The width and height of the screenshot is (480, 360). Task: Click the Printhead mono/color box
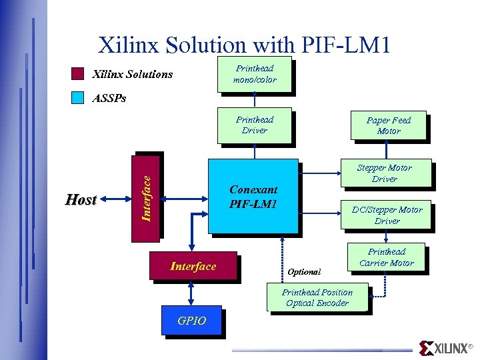[x=254, y=73]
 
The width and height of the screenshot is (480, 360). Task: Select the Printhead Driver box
[x=254, y=125]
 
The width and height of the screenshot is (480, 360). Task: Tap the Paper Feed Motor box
[x=388, y=125]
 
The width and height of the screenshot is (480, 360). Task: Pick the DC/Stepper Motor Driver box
[x=387, y=215]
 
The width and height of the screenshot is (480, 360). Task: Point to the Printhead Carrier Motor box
[x=387, y=257]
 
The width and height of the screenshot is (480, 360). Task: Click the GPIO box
[x=192, y=321]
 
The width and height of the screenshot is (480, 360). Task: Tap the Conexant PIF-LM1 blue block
[x=253, y=196]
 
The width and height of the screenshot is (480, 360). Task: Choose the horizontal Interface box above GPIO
[x=193, y=267]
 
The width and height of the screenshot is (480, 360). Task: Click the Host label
[x=81, y=199]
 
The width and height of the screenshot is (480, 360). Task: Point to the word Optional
[x=304, y=272]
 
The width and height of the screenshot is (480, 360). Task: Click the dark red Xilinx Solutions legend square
[x=78, y=73]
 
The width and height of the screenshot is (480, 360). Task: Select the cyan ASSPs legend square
[x=78, y=98]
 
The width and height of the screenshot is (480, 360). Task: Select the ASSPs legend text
[x=109, y=98]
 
